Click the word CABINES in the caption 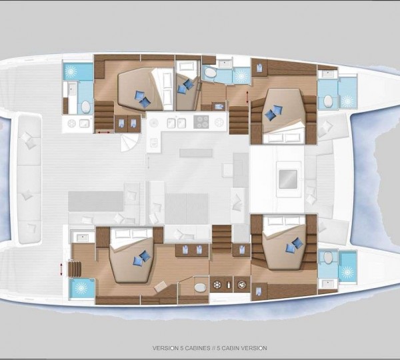tap(198, 348)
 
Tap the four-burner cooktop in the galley tap(201, 122)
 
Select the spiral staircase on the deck tap(129, 142)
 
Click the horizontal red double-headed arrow tap(104, 132)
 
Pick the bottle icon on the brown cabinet tap(229, 285)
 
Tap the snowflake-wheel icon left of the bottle tap(217, 285)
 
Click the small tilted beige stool tap(161, 286)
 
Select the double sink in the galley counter tap(176, 123)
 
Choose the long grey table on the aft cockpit tap(95, 201)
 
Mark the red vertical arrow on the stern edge tap(61, 269)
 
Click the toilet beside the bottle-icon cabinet tap(200, 287)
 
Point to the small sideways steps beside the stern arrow tap(75, 269)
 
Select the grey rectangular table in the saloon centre tap(186, 209)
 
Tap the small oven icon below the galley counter tap(153, 143)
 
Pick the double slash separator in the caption tap(214, 348)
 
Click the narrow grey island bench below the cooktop tap(196, 153)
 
